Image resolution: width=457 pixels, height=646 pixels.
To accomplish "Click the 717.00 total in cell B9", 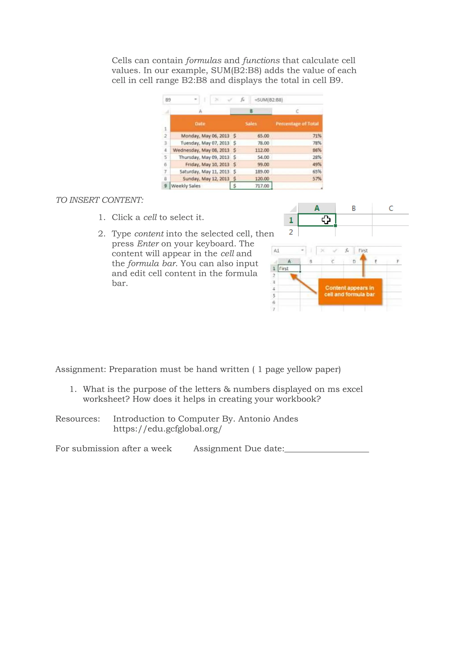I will click(262, 186).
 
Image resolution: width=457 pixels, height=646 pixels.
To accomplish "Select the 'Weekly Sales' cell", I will click(186, 186).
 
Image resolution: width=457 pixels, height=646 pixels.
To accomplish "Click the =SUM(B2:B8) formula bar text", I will click(268, 100).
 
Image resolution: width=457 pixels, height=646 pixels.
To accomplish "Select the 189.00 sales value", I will click(262, 171).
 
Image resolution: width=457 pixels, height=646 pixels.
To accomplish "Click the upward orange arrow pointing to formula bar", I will click(363, 265).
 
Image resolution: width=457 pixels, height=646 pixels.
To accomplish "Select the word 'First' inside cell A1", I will click(284, 268).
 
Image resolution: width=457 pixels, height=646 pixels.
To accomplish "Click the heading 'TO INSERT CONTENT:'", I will click(99, 200).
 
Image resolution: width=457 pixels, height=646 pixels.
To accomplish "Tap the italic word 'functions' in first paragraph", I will click(261, 60).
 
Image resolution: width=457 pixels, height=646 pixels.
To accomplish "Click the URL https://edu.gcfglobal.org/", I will click(167, 429).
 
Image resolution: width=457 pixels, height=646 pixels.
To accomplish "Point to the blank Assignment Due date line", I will click(326, 449).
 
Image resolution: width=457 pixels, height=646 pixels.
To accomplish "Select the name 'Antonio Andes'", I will click(268, 419).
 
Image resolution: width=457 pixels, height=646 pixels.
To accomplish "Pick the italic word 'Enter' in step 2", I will click(148, 243).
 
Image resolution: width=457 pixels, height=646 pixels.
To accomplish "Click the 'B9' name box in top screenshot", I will click(168, 100).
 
